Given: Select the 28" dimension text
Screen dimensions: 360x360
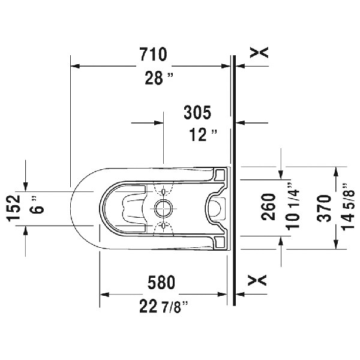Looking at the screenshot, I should coord(158,78).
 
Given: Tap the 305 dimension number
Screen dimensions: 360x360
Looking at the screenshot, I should coord(198,111).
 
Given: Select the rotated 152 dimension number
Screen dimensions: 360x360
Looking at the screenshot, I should coord(17,208).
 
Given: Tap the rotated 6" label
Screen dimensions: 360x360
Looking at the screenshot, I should coord(39,208).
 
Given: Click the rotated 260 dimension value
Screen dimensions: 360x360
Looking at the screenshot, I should coord(270,207).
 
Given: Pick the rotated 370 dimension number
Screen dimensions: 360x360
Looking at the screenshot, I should coord(325,207).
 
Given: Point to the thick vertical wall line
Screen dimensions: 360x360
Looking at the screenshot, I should coord(234,180).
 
